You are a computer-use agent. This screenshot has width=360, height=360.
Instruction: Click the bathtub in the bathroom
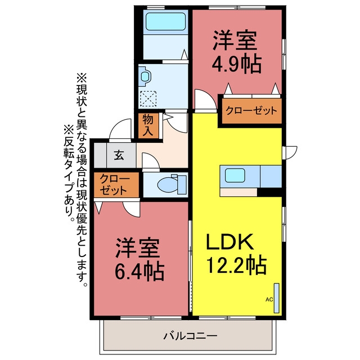(165, 21)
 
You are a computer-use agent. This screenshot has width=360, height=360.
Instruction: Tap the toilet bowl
(168, 184)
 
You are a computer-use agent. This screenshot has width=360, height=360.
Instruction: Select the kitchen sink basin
(235, 175)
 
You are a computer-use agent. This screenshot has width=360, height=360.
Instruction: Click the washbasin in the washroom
(145, 76)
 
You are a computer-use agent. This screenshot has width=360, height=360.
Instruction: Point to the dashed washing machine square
(148, 99)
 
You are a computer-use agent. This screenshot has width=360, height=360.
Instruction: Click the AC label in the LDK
(269, 299)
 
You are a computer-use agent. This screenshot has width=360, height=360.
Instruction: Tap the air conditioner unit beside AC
(277, 298)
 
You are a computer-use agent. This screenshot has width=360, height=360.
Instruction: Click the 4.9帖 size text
(236, 64)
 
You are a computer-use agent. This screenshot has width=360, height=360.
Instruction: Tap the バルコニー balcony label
(190, 336)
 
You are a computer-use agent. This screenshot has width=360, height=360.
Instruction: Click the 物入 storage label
(148, 125)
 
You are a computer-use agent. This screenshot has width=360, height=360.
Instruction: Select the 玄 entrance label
(119, 155)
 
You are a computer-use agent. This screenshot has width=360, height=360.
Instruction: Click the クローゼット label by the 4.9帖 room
(251, 111)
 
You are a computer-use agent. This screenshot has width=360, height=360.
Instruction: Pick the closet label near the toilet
(114, 184)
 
